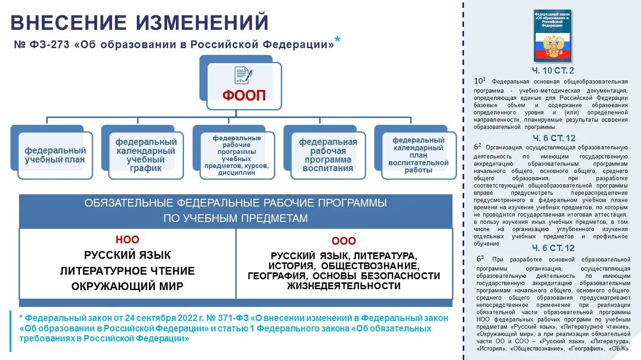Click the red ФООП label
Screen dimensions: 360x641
click(243, 95)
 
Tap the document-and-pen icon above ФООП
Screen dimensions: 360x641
click(243, 75)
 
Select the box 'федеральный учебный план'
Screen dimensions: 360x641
click(55, 155)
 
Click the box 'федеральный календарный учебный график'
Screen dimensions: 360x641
click(146, 155)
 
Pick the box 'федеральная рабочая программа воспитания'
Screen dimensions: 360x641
click(328, 155)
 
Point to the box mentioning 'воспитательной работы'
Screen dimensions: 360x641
click(418, 155)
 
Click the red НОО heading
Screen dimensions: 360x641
click(127, 240)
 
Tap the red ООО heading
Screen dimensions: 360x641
click(344, 241)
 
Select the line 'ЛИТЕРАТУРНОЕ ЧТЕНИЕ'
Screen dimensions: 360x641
click(127, 271)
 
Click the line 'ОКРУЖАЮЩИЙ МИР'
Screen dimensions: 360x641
click(127, 286)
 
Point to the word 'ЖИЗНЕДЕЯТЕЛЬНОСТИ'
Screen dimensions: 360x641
click(344, 286)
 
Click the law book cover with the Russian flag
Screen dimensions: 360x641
click(552, 35)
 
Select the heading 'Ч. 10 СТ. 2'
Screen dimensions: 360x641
click(553, 70)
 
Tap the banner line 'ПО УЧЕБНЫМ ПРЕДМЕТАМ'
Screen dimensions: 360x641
click(235, 218)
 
